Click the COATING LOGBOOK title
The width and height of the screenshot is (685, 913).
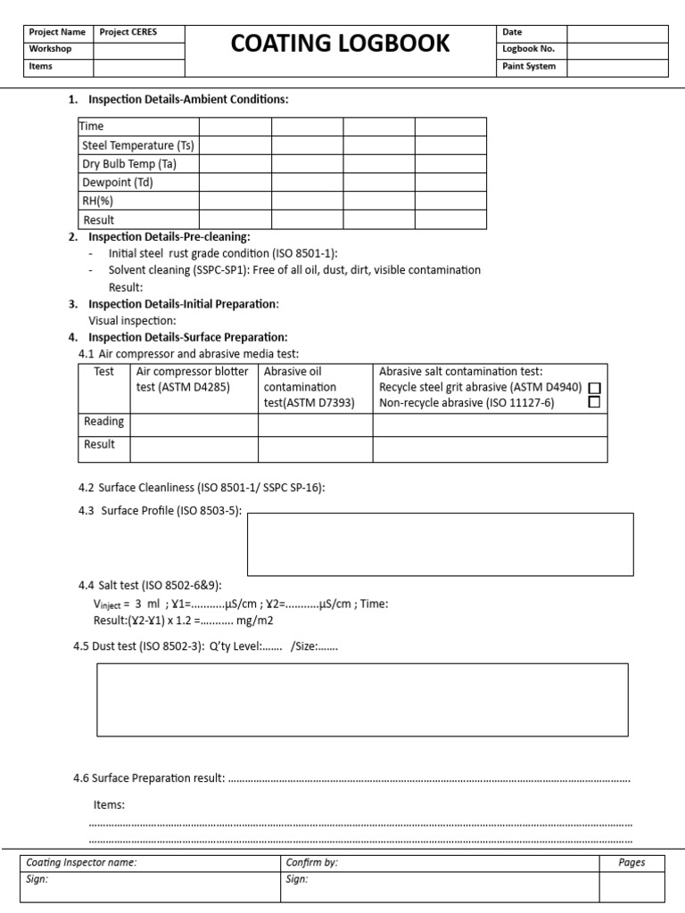click(x=340, y=43)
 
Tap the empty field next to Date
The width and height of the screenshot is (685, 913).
click(x=616, y=32)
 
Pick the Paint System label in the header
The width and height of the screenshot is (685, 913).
click(x=529, y=66)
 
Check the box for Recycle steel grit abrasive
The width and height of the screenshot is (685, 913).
click(x=595, y=388)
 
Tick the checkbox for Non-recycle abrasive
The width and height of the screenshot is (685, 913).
click(x=595, y=402)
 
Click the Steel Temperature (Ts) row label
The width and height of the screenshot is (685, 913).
click(x=138, y=145)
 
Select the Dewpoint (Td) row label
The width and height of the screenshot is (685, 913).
click(x=118, y=183)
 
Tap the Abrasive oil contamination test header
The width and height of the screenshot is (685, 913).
click(x=309, y=387)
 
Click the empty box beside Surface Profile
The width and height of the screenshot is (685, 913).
click(x=440, y=544)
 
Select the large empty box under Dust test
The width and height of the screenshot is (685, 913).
click(x=362, y=700)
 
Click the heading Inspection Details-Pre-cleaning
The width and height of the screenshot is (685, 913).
click(x=169, y=237)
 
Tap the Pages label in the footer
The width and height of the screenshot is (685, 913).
click(x=631, y=862)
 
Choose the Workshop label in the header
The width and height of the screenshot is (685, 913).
click(x=51, y=49)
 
